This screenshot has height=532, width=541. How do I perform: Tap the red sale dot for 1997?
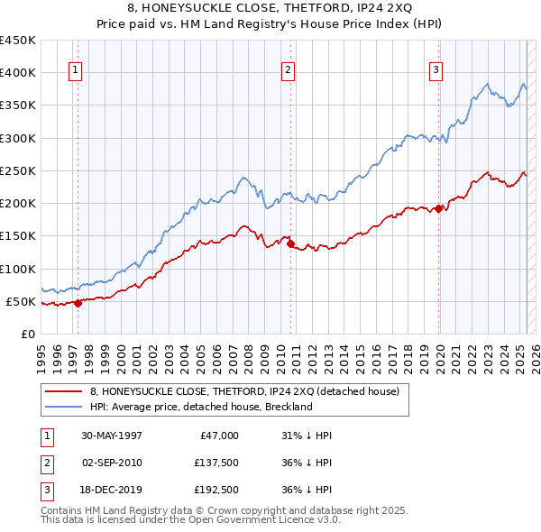click(x=78, y=303)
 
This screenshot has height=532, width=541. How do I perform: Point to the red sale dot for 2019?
click(x=439, y=208)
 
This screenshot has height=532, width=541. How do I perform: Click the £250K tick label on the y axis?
click(x=18, y=170)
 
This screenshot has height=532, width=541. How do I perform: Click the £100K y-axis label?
click(x=18, y=269)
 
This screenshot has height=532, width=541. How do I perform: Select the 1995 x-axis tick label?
click(x=41, y=353)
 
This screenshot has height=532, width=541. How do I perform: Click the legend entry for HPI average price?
click(x=200, y=407)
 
